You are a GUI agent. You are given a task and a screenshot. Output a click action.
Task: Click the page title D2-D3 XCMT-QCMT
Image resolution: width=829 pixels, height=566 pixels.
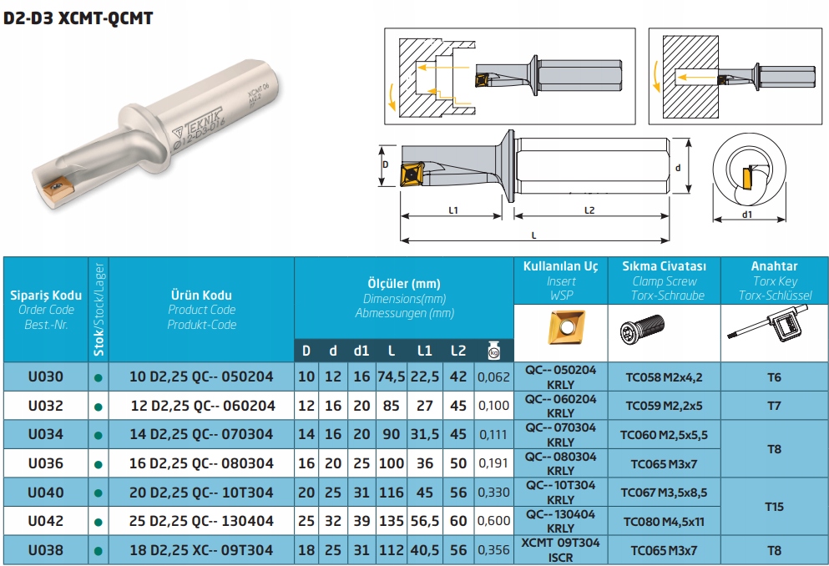pyautogui.click(x=78, y=18)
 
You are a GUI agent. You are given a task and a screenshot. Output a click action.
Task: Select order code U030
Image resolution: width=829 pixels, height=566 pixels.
pyautogui.click(x=45, y=376)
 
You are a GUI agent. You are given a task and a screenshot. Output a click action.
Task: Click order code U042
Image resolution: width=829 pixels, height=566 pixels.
pyautogui.click(x=45, y=521)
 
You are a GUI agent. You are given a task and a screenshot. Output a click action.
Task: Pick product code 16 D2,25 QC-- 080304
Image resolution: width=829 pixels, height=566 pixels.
pyautogui.click(x=201, y=463)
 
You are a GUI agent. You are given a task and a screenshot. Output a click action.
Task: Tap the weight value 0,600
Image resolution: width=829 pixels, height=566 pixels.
pyautogui.click(x=493, y=521)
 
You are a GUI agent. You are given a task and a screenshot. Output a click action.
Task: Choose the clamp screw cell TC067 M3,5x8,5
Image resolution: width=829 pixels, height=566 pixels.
pyautogui.click(x=665, y=493)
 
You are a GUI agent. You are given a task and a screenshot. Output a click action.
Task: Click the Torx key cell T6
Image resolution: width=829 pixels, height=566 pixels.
pyautogui.click(x=774, y=376)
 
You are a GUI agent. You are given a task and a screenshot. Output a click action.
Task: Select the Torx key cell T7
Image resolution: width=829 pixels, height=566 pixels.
pyautogui.click(x=774, y=406)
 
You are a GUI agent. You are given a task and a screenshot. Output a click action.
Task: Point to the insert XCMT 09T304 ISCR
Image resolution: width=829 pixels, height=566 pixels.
pyautogui.click(x=560, y=550)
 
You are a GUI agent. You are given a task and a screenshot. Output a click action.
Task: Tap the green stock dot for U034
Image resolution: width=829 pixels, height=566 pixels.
pyautogui.click(x=99, y=435)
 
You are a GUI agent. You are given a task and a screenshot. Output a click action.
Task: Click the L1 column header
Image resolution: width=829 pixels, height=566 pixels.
pyautogui.click(x=424, y=351)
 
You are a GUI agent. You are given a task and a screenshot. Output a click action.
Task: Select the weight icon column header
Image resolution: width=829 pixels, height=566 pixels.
pyautogui.click(x=493, y=350)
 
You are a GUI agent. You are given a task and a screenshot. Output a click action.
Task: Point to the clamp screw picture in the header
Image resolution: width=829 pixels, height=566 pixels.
pyautogui.click(x=644, y=331)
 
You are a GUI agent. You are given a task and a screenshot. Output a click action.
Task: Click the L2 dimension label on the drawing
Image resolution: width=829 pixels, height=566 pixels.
pyautogui.click(x=589, y=210)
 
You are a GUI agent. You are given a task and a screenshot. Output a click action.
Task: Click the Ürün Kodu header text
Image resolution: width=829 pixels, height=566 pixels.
pyautogui.click(x=201, y=295)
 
